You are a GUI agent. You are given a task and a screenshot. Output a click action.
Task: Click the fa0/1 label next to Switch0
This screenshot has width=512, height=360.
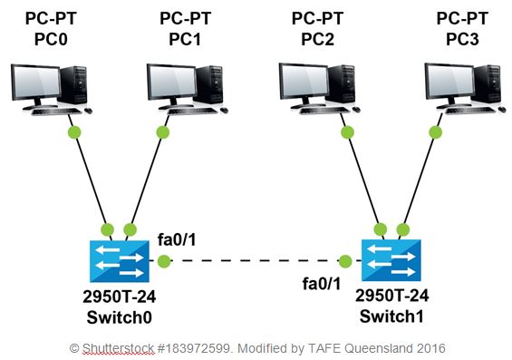click(179, 238)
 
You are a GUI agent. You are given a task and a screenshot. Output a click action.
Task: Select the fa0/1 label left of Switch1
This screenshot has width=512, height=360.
click(324, 285)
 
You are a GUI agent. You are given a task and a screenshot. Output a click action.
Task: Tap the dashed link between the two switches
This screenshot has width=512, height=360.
click(254, 262)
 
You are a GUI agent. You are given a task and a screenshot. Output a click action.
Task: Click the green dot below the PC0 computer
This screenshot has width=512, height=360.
click(73, 132)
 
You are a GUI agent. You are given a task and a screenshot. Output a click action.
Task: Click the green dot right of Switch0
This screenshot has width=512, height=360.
click(163, 262)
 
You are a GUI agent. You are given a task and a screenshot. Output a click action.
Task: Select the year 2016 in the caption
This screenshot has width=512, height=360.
click(430, 347)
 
